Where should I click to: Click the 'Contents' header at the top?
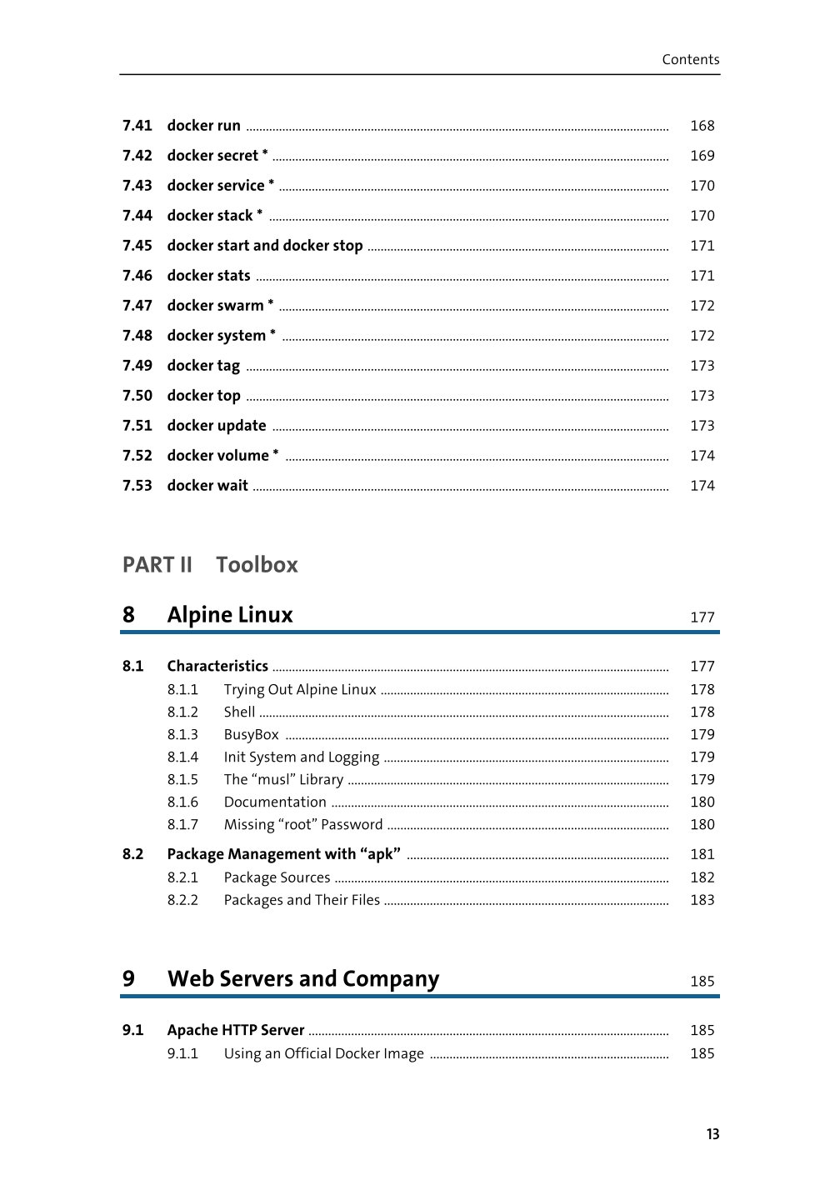point(690,59)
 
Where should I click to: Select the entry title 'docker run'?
point(203,126)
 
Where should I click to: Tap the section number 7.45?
point(137,246)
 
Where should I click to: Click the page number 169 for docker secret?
point(702,156)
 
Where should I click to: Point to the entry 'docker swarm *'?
point(220,306)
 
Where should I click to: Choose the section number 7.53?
point(137,486)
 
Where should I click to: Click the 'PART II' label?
point(157,565)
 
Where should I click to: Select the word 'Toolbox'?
point(257,565)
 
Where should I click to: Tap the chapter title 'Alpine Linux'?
point(230,615)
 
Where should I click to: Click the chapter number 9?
point(128,978)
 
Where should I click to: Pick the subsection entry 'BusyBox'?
point(251,735)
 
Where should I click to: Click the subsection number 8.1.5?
point(182,780)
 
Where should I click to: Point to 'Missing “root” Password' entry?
point(303,825)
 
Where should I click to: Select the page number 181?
point(702,854)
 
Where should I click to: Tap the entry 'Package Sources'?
point(277,877)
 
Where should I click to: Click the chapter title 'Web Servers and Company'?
point(303,978)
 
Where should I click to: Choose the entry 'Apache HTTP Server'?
point(236,1030)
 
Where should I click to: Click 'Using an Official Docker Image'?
point(323,1053)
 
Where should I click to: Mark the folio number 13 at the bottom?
point(712,1134)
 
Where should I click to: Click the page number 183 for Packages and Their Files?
point(702,900)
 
